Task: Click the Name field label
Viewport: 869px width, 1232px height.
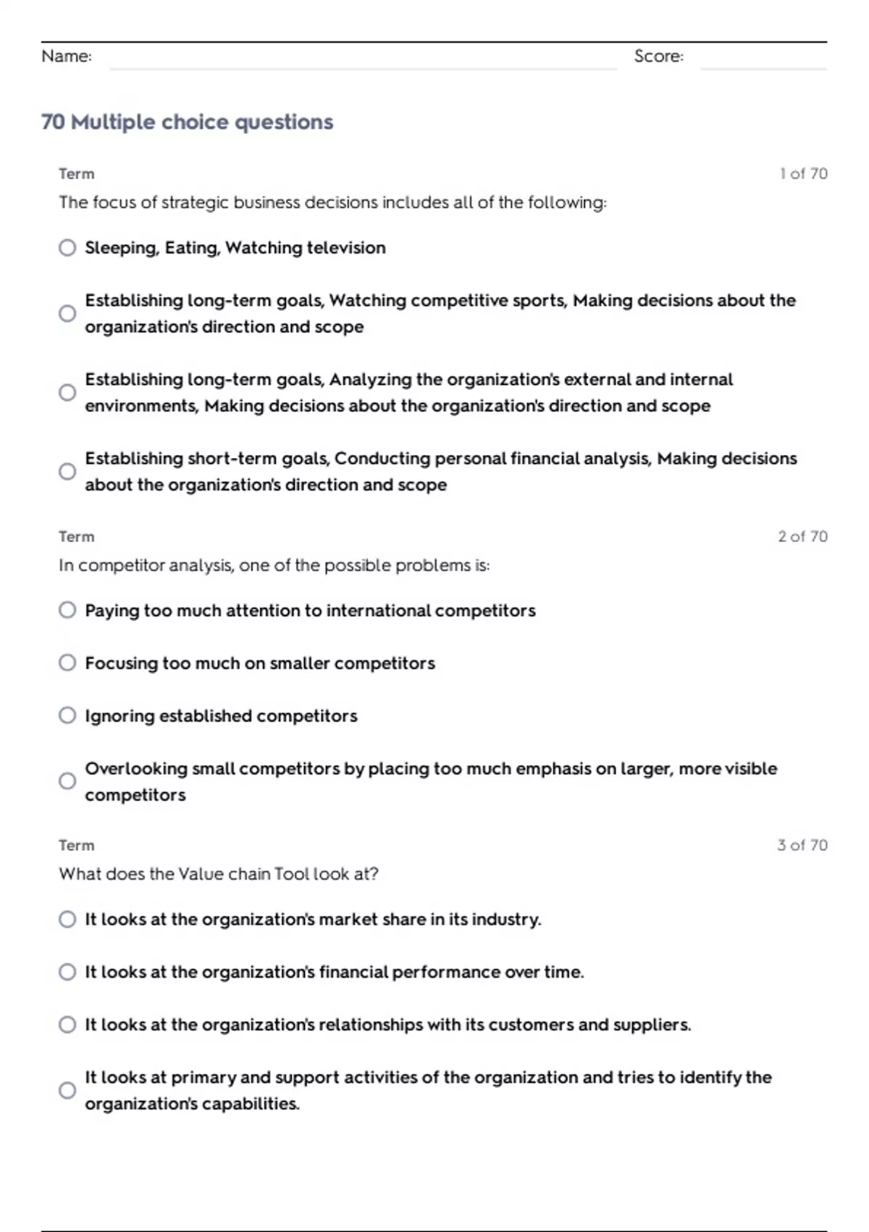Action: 67,57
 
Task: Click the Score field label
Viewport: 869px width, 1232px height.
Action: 658,57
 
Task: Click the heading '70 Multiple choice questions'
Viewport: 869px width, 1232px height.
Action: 187,122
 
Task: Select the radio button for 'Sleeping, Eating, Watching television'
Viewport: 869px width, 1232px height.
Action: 67,248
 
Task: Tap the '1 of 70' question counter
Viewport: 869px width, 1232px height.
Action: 803,174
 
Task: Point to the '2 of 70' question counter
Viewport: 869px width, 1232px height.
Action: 802,537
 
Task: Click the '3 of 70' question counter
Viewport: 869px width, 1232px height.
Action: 802,846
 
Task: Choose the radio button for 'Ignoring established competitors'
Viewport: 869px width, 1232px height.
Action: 67,716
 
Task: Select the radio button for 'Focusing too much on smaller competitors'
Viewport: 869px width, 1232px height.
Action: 67,663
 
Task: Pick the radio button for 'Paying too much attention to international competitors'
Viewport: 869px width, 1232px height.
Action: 67,610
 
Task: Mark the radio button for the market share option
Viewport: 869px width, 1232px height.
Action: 67,920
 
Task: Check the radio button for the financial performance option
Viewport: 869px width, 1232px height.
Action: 67,972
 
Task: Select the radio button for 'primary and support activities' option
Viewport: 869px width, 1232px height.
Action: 67,1091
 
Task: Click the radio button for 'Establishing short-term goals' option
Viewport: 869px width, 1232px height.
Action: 67,472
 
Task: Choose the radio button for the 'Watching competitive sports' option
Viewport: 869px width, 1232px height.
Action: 67,314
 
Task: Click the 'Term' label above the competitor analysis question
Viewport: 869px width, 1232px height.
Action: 77,537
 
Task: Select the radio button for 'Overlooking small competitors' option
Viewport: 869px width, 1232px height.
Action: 67,781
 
